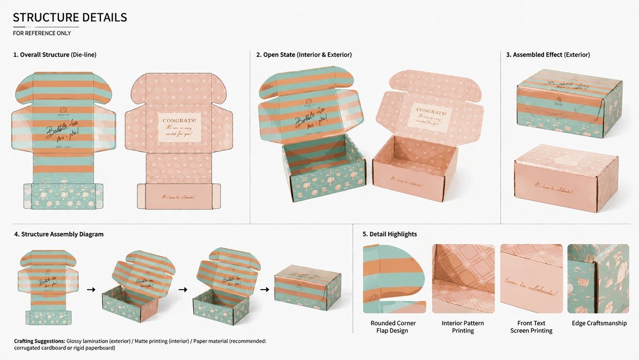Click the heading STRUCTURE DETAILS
(70, 17)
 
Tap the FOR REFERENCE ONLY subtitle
(42, 33)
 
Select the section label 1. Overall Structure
(41, 55)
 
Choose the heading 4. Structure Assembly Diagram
(59, 234)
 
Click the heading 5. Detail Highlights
(390, 234)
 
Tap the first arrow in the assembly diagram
(91, 289)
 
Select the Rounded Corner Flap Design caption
(393, 327)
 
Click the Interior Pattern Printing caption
(463, 327)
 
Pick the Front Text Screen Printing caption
(531, 327)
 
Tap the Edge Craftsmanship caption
(599, 323)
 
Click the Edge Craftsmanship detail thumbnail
(598, 278)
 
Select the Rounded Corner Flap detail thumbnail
(394, 278)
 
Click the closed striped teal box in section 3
(569, 103)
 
